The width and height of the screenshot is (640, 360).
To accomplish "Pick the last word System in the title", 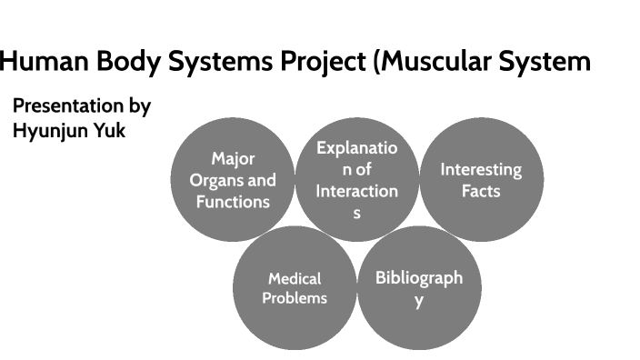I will click(x=552, y=62).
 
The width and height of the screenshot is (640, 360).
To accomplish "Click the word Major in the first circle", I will click(x=233, y=159).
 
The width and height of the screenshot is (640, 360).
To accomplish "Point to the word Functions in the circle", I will click(x=233, y=201).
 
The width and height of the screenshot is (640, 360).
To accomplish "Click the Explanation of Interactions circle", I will click(x=356, y=179).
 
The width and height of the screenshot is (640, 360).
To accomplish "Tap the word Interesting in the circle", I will click(x=481, y=169).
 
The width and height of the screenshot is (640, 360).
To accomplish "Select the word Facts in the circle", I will click(x=481, y=191).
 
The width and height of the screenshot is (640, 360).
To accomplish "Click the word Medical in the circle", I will click(x=295, y=279).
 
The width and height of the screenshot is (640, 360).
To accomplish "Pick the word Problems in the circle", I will click(x=295, y=298).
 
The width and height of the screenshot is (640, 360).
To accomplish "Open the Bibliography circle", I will click(x=419, y=287).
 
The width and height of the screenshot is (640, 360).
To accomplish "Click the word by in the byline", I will click(x=139, y=106).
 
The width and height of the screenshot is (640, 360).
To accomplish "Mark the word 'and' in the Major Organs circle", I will click(x=262, y=180).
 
